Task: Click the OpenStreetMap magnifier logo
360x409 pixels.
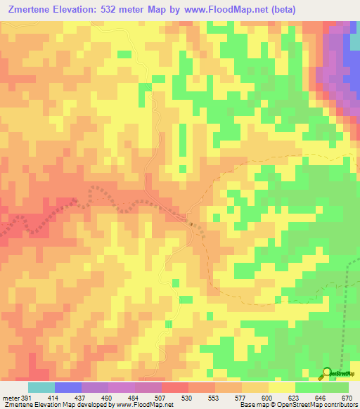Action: (x=327, y=373)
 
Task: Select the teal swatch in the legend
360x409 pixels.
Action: (x=41, y=387)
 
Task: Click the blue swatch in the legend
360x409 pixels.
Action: (x=67, y=387)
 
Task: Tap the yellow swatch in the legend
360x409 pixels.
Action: (x=282, y=387)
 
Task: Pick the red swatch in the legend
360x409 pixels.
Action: (x=174, y=387)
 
